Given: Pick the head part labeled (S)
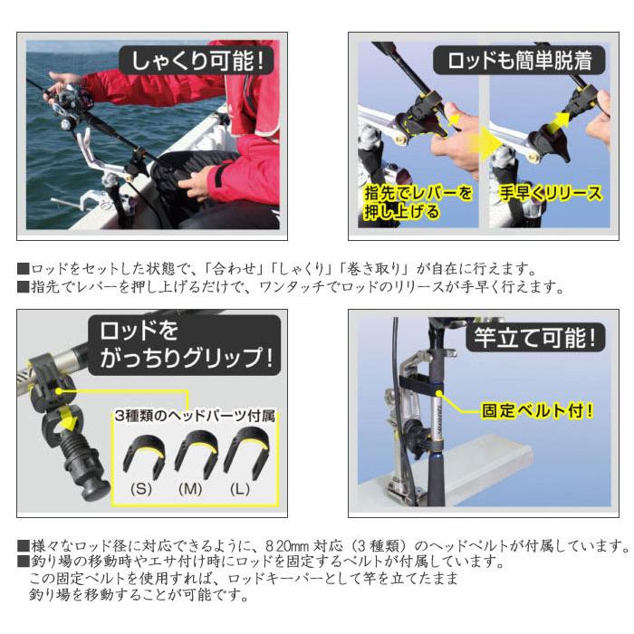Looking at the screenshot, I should (x=142, y=453).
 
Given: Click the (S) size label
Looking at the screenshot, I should (x=142, y=488).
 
